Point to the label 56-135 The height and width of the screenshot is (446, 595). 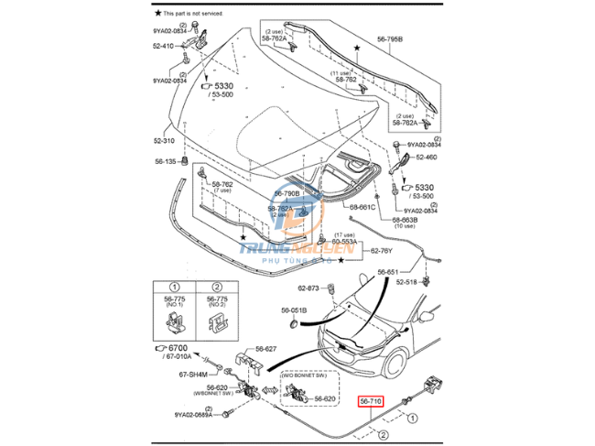click(x=165, y=161)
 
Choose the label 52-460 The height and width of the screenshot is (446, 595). click(x=427, y=158)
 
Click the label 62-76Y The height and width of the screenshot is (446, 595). click(x=382, y=250)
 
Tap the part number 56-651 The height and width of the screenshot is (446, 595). click(x=387, y=273)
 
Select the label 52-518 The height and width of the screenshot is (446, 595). click(x=406, y=282)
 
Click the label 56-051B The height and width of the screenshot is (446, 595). click(x=295, y=310)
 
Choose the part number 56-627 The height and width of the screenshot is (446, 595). click(x=266, y=348)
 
